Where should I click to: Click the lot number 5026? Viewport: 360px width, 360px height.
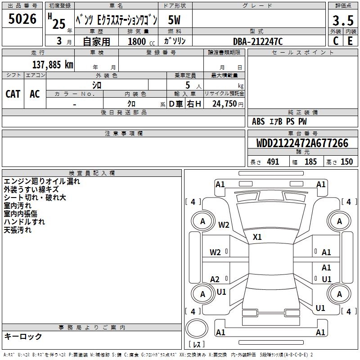pos(22,19)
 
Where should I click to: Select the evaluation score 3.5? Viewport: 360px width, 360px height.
pos(343,20)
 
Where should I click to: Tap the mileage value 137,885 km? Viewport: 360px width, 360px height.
pos(53,65)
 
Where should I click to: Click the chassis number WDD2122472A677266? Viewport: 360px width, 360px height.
pos(302,143)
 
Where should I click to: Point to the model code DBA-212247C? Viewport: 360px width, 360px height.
pos(257,41)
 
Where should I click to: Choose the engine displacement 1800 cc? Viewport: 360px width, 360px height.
pos(141,41)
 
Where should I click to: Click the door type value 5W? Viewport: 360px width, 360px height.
pos(174,20)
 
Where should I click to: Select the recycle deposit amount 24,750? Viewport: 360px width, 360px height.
pos(225,104)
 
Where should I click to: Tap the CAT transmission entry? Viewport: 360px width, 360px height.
pos(13,94)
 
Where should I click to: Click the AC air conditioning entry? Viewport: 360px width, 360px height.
pos(35,94)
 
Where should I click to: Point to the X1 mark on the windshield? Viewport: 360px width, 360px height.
pos(257,237)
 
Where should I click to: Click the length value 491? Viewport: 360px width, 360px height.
pos(273,162)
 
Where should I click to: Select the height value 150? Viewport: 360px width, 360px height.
pos(346,162)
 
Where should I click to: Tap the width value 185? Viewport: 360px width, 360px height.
pos(310,162)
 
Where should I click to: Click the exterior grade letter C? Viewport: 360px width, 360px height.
pos(336,41)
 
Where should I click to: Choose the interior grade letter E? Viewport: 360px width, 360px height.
pos(350,41)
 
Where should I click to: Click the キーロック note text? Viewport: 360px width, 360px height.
pos(23,336)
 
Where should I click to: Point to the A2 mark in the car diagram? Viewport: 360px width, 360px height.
pos(215,279)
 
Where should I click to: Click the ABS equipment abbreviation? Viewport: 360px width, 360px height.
pos(258,121)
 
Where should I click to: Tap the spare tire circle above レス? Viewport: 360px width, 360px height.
pos(197,328)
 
